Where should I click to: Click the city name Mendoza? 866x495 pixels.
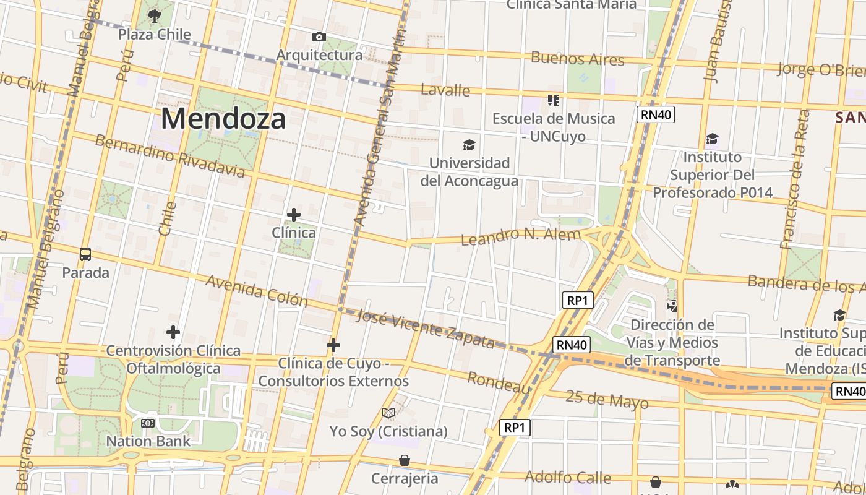[223, 118]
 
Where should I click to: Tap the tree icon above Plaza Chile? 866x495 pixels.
[155, 15]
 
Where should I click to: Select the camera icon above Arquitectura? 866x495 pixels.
[319, 37]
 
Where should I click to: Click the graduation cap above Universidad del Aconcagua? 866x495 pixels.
[469, 145]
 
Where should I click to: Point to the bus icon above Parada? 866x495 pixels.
[85, 254]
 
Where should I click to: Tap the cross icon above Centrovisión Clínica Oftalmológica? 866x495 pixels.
[173, 332]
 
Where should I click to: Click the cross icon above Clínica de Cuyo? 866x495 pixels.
[333, 345]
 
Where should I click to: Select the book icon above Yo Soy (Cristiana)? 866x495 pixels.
[388, 413]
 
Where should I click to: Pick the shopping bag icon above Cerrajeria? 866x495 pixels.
[405, 460]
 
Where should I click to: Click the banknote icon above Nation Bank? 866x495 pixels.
[148, 423]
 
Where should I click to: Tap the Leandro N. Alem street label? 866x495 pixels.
[520, 236]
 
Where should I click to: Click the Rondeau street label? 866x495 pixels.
[499, 382]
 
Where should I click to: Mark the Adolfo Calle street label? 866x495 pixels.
[567, 477]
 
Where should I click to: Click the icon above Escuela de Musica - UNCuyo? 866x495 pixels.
[553, 100]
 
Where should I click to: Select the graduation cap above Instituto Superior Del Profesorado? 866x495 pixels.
[713, 139]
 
